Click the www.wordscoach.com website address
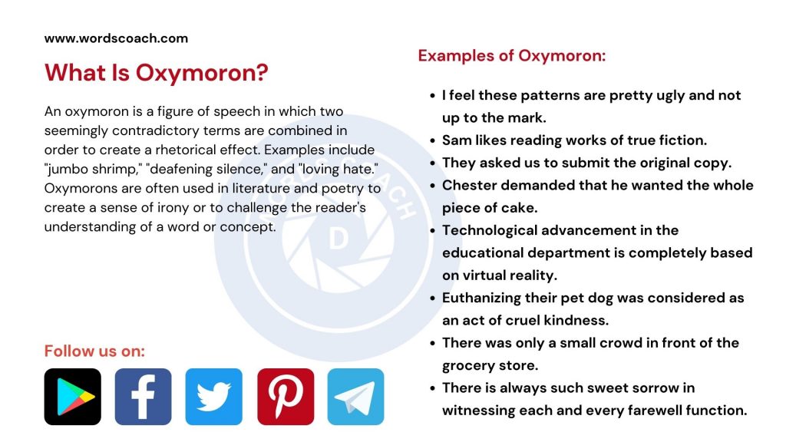116,38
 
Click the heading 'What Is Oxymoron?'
156,74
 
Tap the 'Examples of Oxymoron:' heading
512,56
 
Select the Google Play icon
73,397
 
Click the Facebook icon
144,397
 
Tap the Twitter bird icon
213,397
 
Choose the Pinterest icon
286,397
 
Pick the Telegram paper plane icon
355,397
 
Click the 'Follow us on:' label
94,351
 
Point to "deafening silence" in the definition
188,168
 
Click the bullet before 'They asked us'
432,163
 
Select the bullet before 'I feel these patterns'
432,96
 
